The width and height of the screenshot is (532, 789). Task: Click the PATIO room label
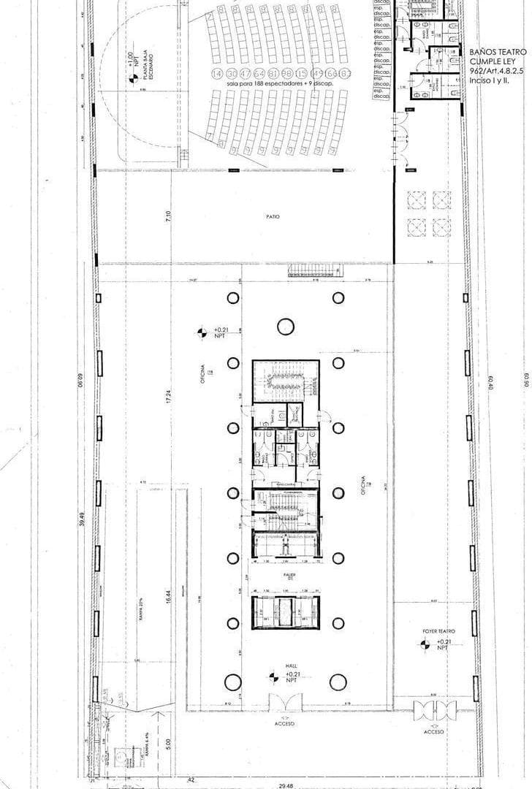273,217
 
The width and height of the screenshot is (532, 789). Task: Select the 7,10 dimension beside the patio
168,216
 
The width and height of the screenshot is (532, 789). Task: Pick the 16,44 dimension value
168,597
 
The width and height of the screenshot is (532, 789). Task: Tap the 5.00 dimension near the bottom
167,743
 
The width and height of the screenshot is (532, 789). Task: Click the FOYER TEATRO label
438,631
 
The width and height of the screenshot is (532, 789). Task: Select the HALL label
290,666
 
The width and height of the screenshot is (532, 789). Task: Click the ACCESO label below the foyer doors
434,731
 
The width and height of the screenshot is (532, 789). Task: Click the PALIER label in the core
289,576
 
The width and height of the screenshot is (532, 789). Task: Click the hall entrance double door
284,703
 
